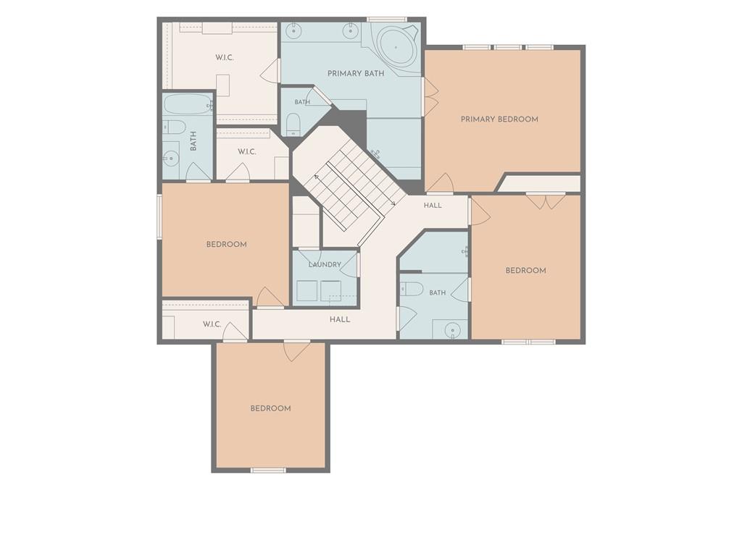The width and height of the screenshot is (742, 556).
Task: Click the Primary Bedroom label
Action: (499, 119)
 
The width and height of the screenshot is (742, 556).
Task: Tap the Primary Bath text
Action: (356, 73)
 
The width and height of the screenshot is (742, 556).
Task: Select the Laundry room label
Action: (325, 264)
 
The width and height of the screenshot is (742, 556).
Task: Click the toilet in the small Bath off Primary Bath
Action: (293, 123)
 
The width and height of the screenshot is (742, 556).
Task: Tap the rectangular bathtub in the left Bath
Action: (188, 104)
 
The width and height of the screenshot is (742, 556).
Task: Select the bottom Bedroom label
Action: (271, 408)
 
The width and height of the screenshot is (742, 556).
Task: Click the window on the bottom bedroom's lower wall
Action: (268, 470)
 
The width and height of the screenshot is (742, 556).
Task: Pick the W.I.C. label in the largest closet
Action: (225, 58)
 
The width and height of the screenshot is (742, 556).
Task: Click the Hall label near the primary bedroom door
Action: (433, 205)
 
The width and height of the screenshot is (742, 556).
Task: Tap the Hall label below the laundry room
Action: (340, 319)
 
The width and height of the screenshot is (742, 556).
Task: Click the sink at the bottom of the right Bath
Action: (453, 329)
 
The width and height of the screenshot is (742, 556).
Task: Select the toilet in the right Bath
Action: (412, 289)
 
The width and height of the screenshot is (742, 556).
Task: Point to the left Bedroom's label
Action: (226, 245)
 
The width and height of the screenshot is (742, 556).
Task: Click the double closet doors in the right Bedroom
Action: (546, 201)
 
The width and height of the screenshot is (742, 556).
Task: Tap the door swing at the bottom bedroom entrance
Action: (296, 351)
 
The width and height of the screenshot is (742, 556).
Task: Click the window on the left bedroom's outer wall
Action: (159, 217)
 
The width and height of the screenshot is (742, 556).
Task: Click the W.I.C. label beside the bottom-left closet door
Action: (212, 324)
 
